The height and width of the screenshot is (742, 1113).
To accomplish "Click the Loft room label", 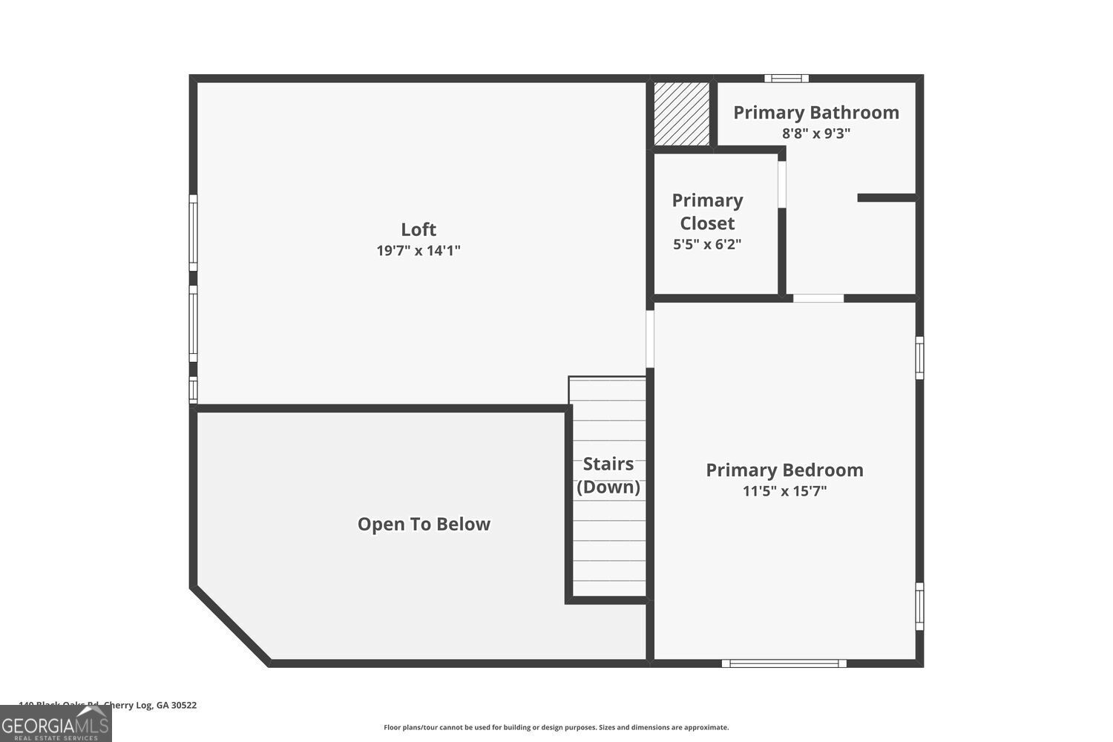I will point(418,229).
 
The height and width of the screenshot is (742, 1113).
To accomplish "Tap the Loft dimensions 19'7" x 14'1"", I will point(418,251).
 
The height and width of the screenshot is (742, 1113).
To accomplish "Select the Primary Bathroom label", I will point(815,113).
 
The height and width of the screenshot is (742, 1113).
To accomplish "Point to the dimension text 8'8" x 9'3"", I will point(815,134).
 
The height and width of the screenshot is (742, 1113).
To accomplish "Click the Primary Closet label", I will point(707,211).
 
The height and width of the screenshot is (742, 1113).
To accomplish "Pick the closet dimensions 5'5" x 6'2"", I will point(707,244).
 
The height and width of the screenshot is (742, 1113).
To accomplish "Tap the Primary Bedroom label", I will point(784,470).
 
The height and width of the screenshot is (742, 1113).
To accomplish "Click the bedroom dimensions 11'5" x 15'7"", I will point(784,491).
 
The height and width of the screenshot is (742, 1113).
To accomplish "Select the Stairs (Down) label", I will point(608,475).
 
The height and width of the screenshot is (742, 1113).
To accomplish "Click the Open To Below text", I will point(424,525).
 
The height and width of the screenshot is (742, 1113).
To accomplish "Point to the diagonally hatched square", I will point(681,114).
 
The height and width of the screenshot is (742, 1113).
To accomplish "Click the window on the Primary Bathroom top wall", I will point(787,78).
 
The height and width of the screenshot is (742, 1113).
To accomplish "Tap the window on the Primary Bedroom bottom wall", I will point(784,663).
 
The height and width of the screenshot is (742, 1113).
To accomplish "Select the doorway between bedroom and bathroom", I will point(818,298).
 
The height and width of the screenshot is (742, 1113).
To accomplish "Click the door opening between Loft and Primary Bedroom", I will point(650,339).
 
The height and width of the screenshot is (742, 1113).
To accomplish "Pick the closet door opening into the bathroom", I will point(781,184).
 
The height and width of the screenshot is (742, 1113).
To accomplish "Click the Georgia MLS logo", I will point(56,724).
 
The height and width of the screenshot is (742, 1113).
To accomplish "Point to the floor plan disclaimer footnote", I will point(556,727).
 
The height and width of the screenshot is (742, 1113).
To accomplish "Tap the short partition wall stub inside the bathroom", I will point(887,197).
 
